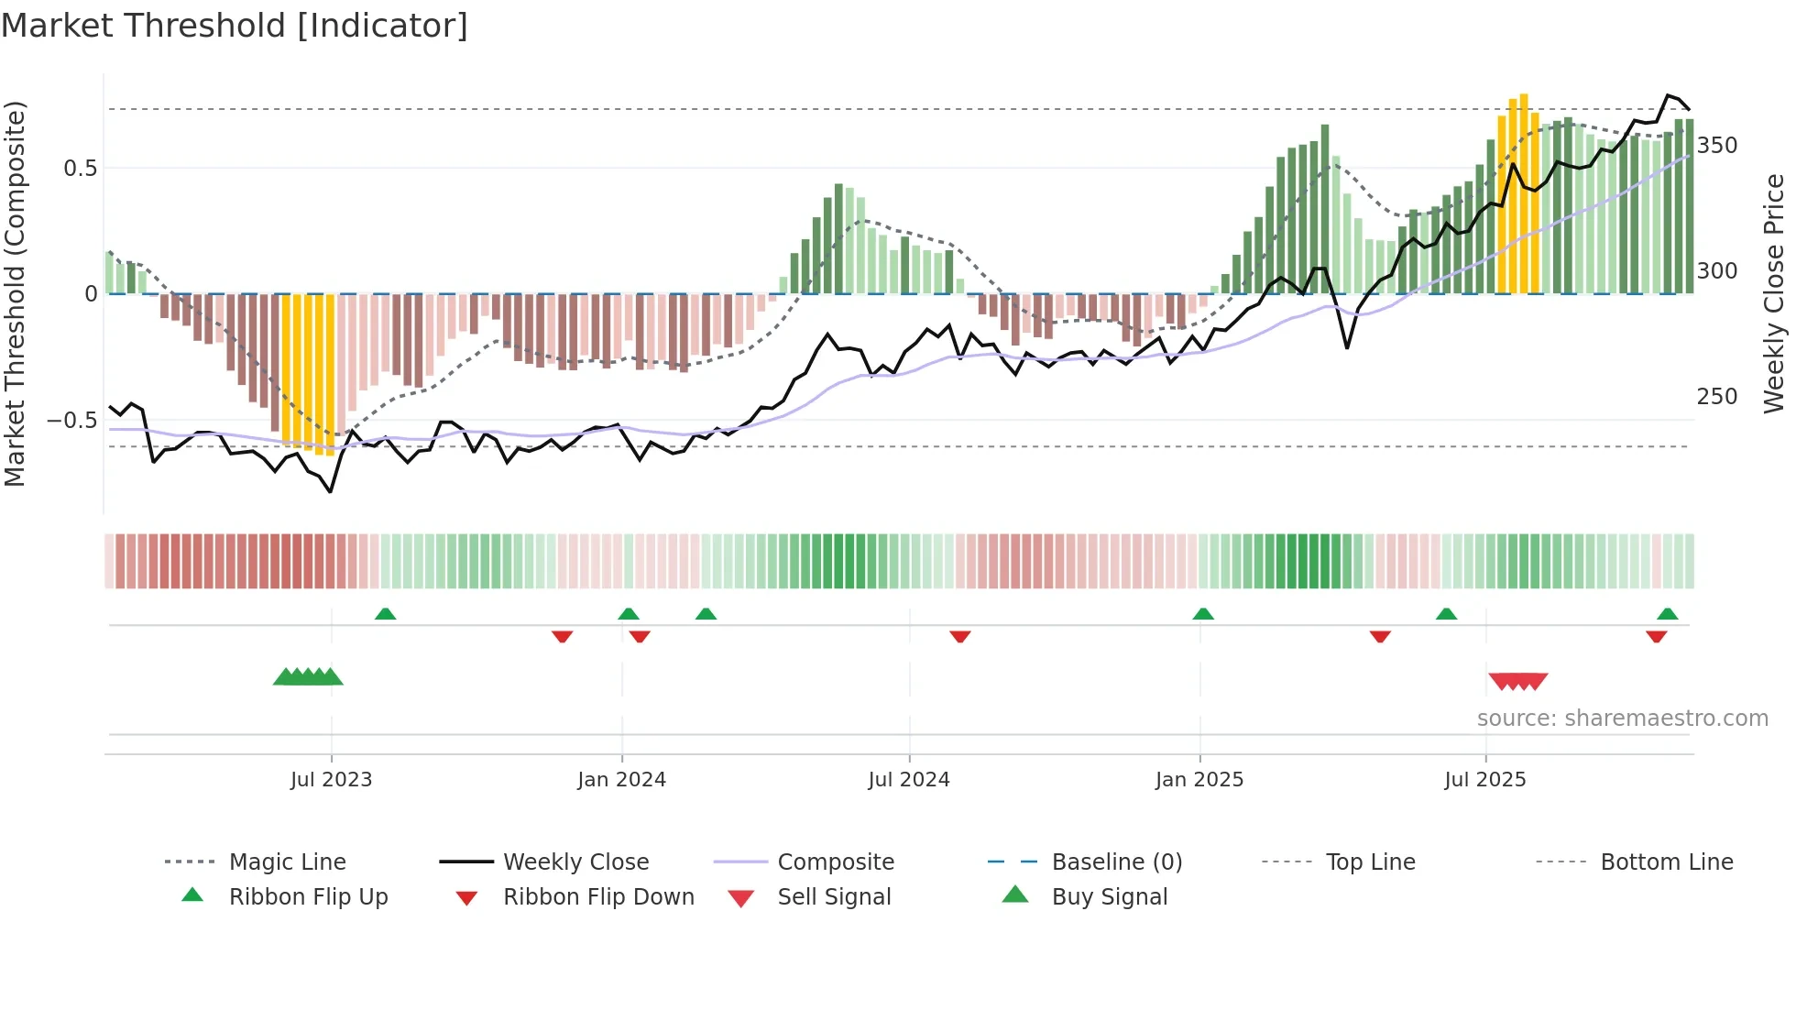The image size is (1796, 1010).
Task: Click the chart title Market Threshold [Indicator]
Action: coord(235,26)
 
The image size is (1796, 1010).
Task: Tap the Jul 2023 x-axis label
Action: coord(331,780)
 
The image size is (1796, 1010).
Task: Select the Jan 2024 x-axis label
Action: coord(621,780)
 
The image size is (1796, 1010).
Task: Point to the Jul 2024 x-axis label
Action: coord(908,780)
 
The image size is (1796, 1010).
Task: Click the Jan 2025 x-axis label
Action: coord(1199,780)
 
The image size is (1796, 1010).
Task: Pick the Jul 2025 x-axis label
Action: coord(1484,780)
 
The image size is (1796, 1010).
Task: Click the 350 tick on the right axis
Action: coord(1716,146)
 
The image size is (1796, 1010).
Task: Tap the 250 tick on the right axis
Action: coord(1716,397)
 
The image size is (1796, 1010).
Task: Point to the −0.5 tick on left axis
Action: coord(71,421)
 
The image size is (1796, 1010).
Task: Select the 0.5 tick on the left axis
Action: coord(80,169)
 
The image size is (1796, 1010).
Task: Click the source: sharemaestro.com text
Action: coord(1622,719)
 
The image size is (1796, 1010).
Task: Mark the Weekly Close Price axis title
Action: coord(1774,293)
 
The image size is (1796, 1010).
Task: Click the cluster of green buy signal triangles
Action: coord(308,677)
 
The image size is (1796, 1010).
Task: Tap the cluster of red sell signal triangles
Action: coord(1517,681)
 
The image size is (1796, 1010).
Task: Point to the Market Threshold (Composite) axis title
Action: coord(15,293)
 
